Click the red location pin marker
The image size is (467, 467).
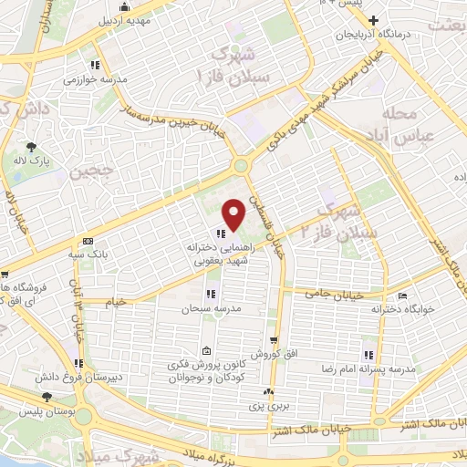(235, 214)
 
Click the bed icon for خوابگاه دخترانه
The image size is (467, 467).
(403, 296)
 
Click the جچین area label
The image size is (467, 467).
(99, 170)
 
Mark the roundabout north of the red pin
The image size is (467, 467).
(241, 165)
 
